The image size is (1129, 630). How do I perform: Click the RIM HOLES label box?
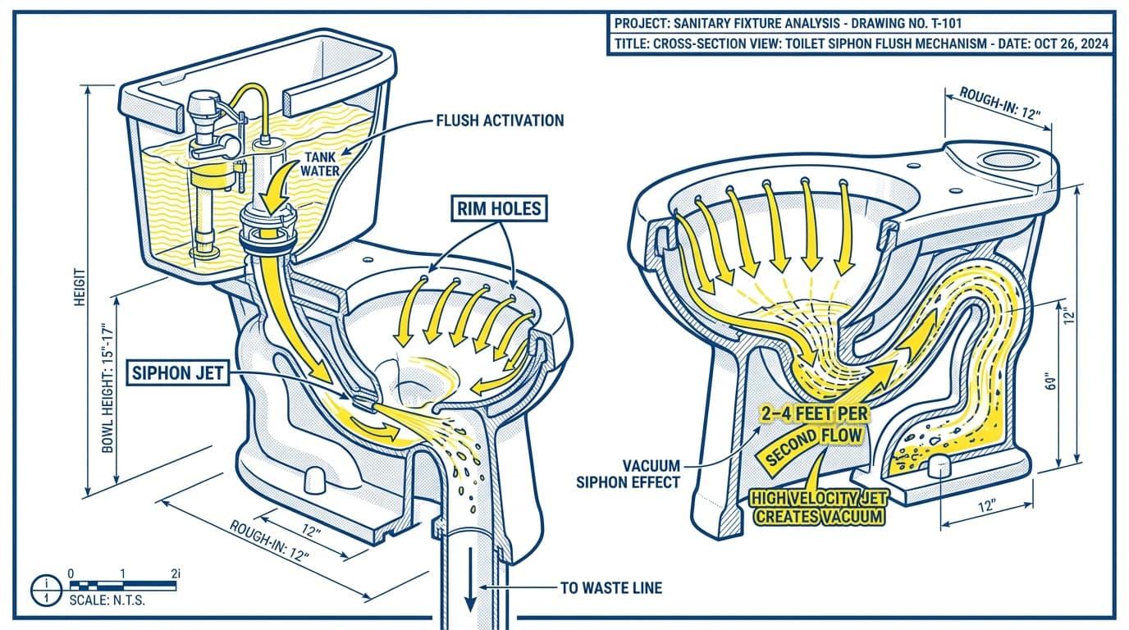[x=499, y=208]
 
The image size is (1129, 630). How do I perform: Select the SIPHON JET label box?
[x=177, y=373]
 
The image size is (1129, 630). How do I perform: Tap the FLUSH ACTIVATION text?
[x=500, y=121]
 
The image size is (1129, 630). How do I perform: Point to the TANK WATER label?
[x=319, y=164]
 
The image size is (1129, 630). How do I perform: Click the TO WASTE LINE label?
[x=611, y=587]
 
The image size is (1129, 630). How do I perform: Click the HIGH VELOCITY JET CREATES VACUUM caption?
[x=819, y=507]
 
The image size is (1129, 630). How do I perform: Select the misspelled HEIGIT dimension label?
[x=80, y=287]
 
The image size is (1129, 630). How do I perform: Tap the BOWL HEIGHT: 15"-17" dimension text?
[x=107, y=388]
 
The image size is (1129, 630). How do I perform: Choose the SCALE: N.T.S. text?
[x=107, y=600]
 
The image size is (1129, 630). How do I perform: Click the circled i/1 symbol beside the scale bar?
[x=47, y=590]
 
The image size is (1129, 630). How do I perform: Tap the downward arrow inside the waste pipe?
[x=470, y=580]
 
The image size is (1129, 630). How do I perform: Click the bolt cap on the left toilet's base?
[x=316, y=480]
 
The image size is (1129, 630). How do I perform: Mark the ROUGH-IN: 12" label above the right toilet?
[x=1000, y=103]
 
